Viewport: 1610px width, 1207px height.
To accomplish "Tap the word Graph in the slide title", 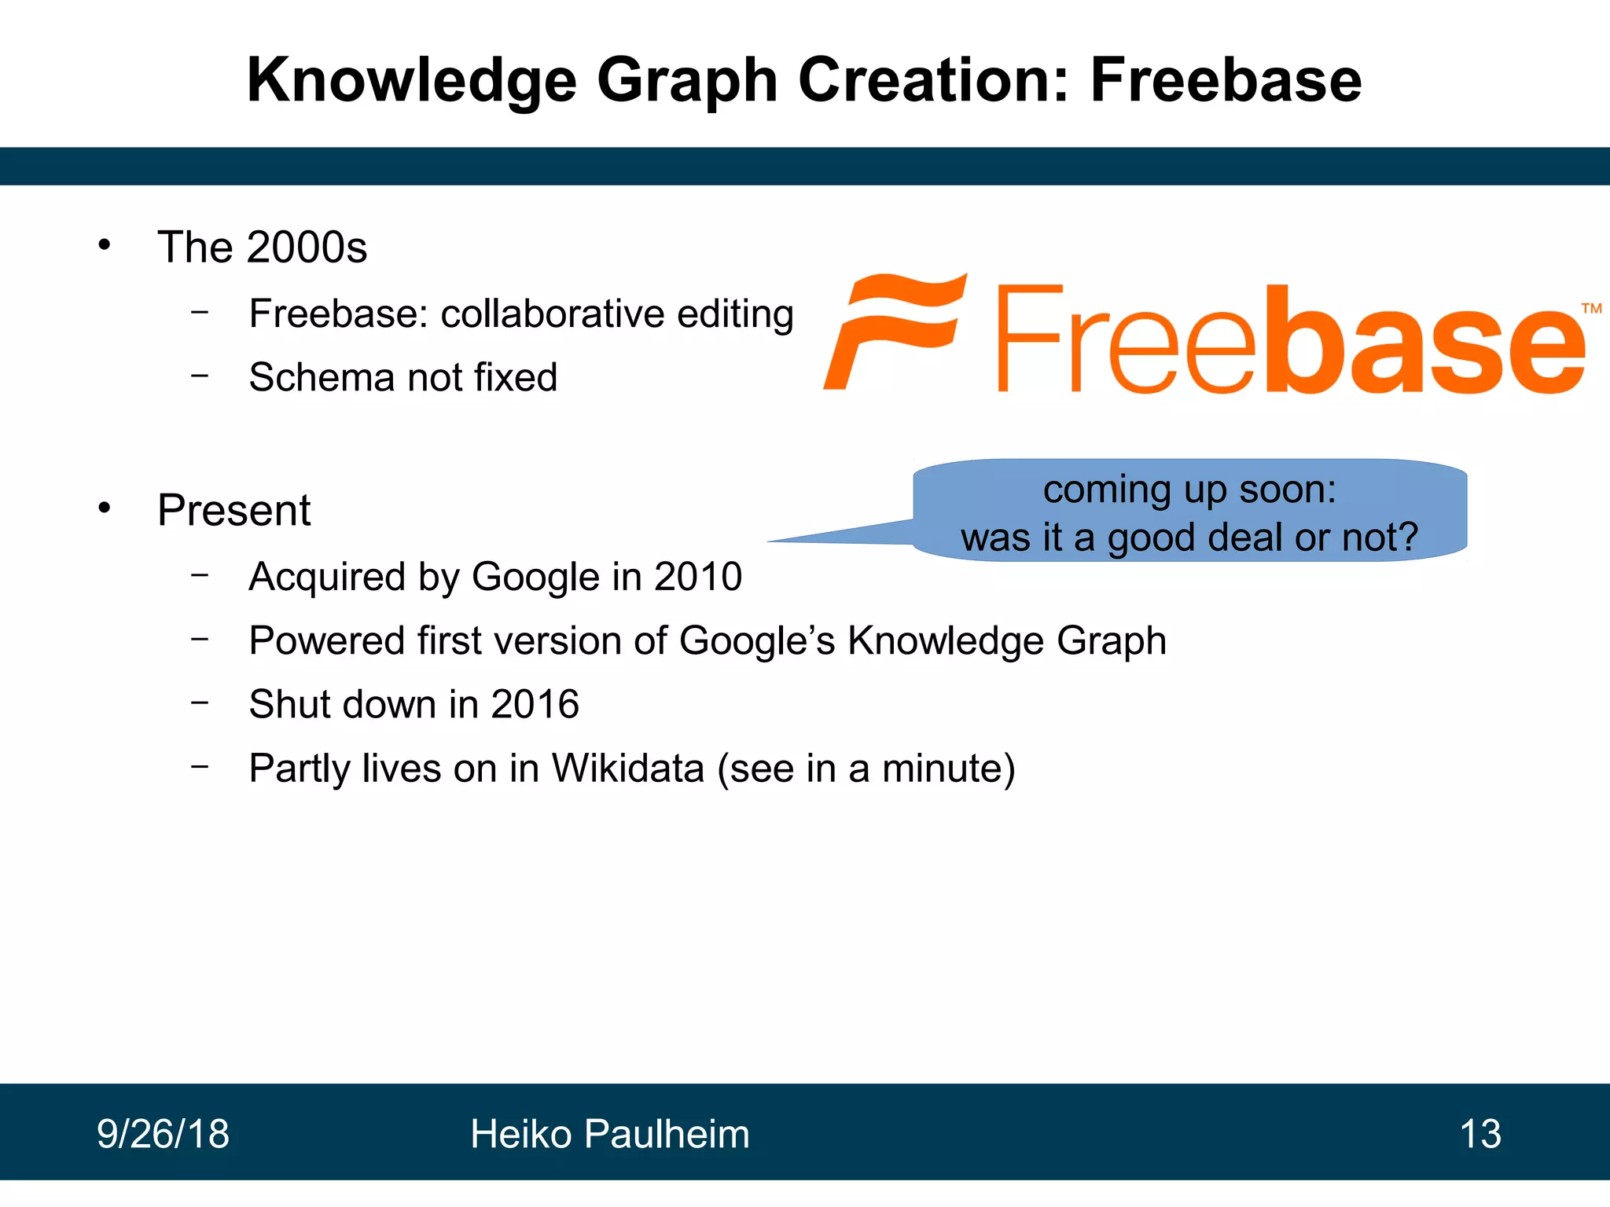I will (687, 82).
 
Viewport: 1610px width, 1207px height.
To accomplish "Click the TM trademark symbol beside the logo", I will (1591, 308).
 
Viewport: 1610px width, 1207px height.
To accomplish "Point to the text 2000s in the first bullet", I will (307, 248).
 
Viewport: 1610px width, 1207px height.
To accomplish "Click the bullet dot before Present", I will (105, 508).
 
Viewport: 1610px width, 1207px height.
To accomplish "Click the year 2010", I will (698, 577).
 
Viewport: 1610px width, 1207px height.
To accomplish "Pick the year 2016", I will (535, 704).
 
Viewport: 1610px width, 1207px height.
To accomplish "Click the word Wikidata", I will (627, 768).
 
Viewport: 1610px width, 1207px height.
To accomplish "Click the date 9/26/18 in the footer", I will (164, 1134).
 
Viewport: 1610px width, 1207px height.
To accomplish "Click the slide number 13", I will (1480, 1134).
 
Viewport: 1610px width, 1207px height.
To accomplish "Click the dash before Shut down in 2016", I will (200, 702).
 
